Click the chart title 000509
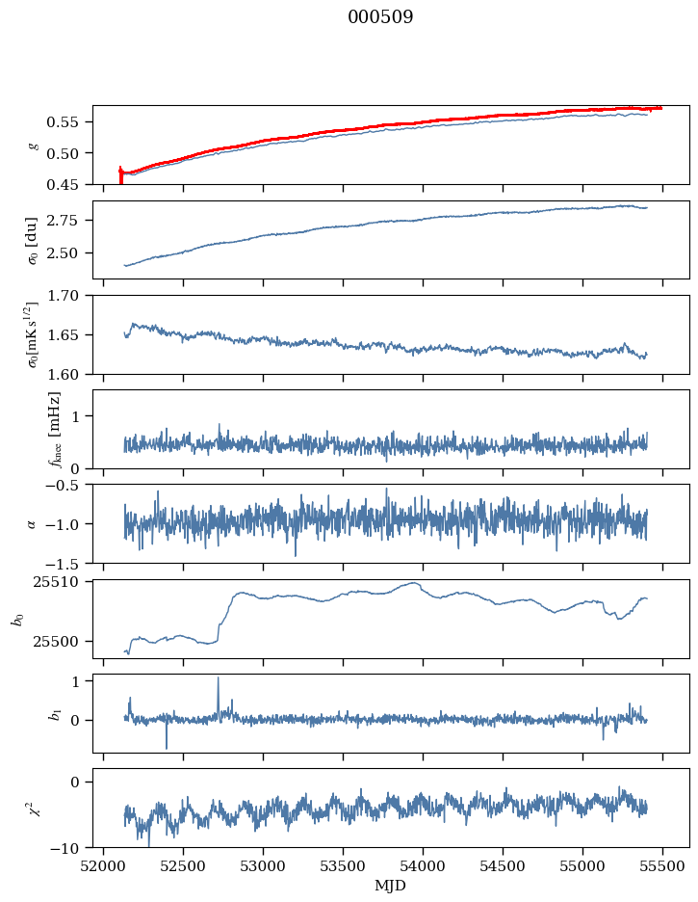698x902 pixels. (x=380, y=17)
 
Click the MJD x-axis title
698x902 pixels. (x=391, y=885)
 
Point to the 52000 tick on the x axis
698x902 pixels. (x=104, y=864)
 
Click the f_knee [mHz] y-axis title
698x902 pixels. (x=55, y=429)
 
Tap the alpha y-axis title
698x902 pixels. (x=32, y=523)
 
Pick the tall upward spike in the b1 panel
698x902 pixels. (x=218, y=680)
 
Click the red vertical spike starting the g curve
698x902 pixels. (x=120, y=173)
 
